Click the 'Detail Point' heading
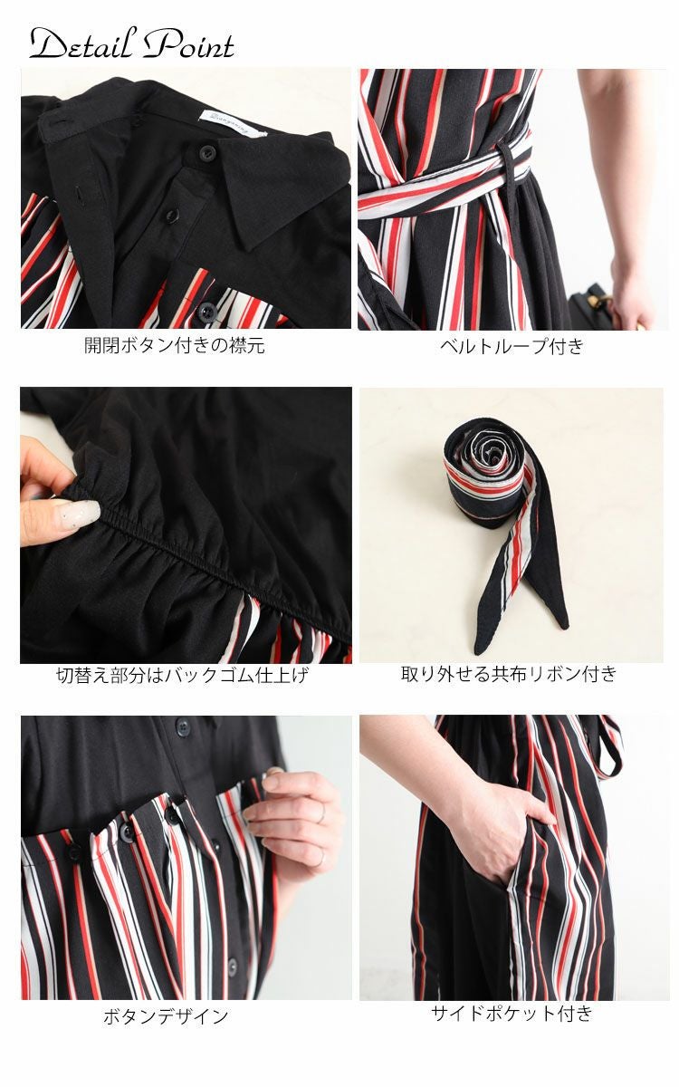pyautogui.click(x=131, y=43)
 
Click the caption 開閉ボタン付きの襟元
pyautogui.click(x=175, y=345)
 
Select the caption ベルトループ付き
pyautogui.click(x=512, y=345)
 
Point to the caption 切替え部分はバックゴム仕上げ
pyautogui.click(x=182, y=675)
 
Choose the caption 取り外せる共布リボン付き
pyautogui.click(x=510, y=674)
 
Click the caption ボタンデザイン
pyautogui.click(x=166, y=1016)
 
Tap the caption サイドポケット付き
pyautogui.click(x=512, y=1013)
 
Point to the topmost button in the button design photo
pyautogui.click(x=184, y=726)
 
